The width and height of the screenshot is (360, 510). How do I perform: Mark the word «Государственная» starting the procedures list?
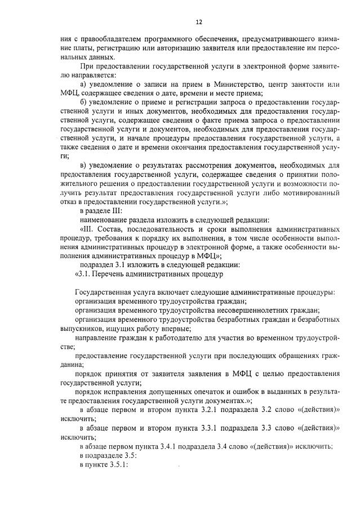102,292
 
